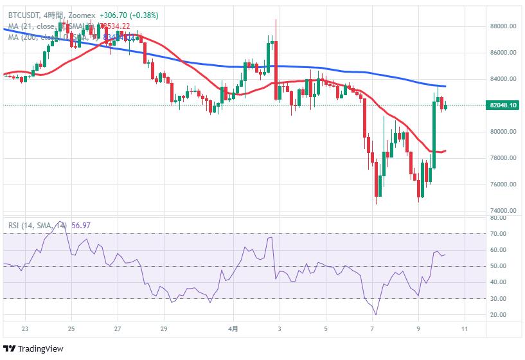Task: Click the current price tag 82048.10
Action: (x=504, y=105)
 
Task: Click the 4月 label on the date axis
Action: (x=234, y=328)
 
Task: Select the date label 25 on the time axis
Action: (x=71, y=328)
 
